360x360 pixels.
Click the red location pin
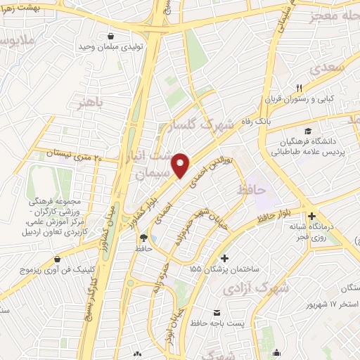[x=181, y=165]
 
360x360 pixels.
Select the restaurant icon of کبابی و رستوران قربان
[x=299, y=87]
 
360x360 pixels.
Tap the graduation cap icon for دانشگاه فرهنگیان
[x=307, y=131]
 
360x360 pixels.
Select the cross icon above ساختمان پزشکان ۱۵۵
[x=224, y=258]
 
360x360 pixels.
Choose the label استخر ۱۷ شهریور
[x=330, y=304]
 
